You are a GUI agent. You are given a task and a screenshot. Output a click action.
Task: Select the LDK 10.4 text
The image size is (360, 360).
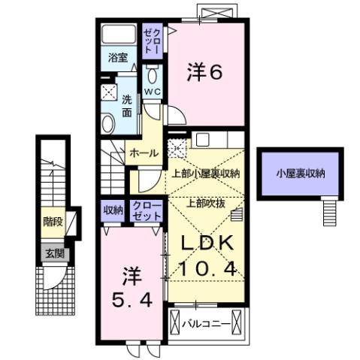201,255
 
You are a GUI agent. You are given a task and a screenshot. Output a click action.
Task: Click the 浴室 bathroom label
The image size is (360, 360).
116,58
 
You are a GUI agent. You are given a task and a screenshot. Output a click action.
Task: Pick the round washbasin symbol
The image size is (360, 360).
108,124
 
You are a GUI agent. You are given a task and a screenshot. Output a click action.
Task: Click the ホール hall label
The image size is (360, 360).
144,153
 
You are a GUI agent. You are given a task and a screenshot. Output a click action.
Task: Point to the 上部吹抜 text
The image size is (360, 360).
203,201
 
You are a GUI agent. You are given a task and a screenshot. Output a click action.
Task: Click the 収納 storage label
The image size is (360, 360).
112,210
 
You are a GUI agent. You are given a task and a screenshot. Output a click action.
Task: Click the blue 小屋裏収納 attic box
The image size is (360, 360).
299,174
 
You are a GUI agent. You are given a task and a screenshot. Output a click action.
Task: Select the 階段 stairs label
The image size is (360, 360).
52,222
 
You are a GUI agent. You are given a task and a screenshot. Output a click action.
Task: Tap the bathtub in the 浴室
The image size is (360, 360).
117,35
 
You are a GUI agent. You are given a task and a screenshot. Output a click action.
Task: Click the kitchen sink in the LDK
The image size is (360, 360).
204,140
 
